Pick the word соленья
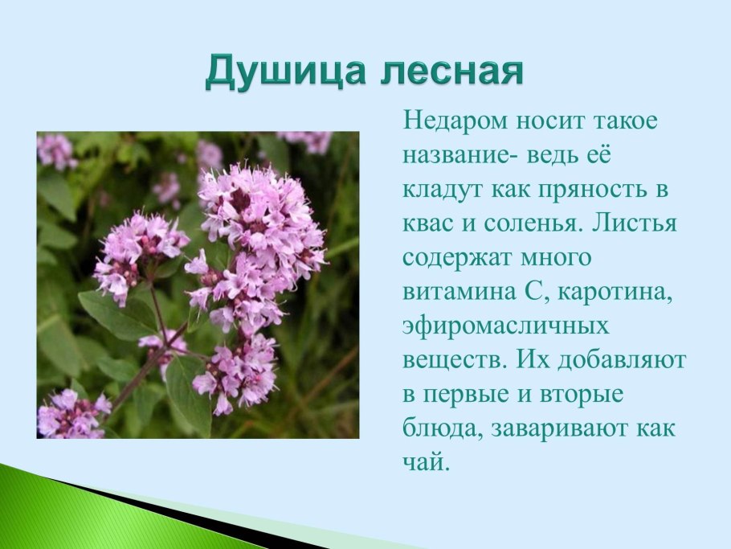[x=521, y=224]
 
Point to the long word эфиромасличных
[x=506, y=327]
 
